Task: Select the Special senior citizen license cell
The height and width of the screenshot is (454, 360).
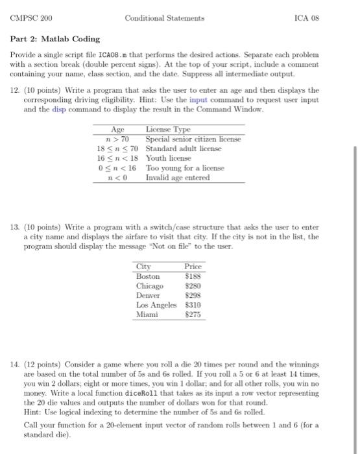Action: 193,139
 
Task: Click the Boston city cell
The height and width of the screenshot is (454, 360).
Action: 148,276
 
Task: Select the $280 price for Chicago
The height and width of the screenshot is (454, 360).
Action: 193,285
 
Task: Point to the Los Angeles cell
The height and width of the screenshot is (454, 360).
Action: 156,304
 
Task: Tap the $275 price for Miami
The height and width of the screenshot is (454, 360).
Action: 193,314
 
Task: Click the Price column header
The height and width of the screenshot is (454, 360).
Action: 193,267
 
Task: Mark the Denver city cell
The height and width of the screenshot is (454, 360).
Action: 149,295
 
